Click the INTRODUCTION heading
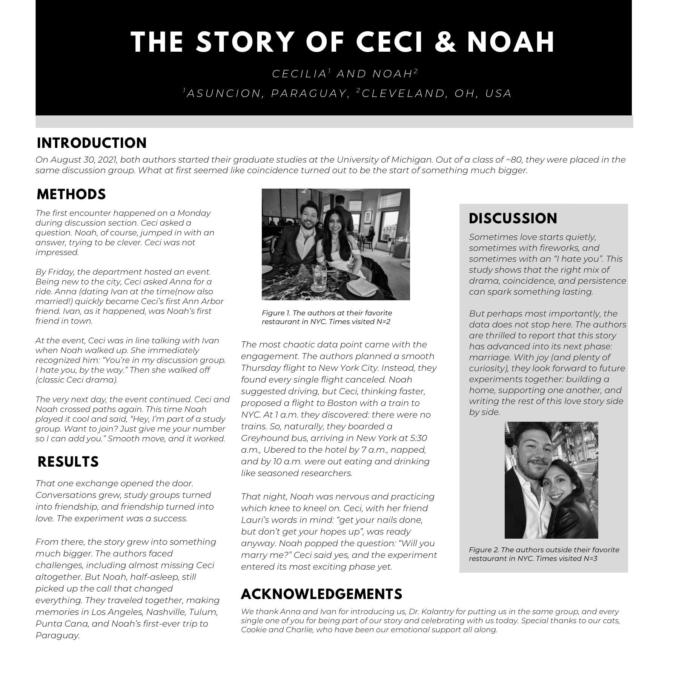(x=92, y=143)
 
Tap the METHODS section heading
(x=71, y=195)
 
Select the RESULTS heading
(x=68, y=462)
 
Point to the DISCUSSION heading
(x=513, y=219)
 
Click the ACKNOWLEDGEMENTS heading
(x=321, y=594)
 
